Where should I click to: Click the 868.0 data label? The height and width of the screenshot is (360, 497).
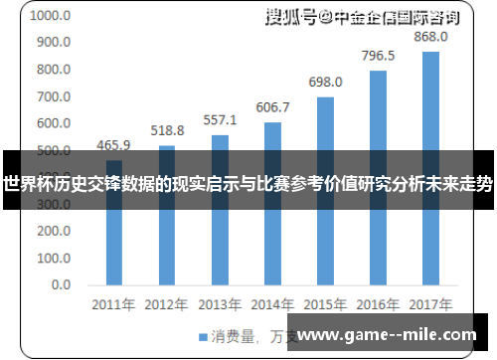(x=430, y=37)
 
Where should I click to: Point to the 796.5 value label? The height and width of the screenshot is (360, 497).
(x=378, y=56)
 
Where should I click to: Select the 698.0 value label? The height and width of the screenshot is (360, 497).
(x=325, y=82)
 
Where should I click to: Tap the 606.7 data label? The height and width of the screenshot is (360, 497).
(x=272, y=106)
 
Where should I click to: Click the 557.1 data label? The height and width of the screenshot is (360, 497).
(x=220, y=119)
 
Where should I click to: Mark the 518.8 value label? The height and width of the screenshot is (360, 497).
(x=167, y=130)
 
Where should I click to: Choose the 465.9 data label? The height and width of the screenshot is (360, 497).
(x=114, y=145)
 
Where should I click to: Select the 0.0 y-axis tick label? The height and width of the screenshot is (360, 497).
(x=61, y=284)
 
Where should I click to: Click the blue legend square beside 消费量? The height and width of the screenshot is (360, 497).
(x=203, y=335)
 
